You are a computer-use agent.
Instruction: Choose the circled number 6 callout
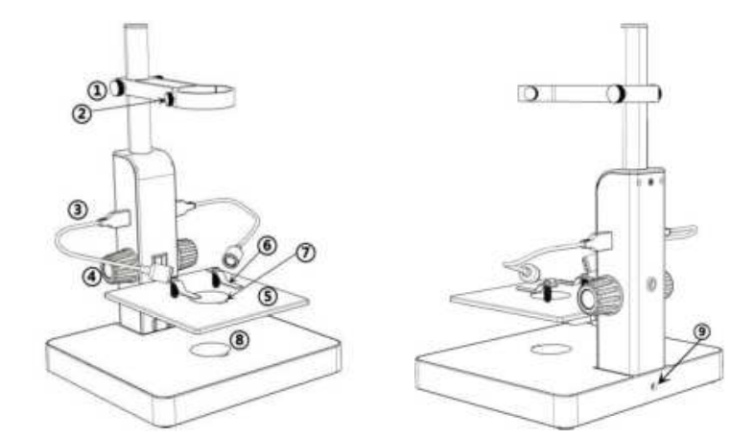coord(268,247)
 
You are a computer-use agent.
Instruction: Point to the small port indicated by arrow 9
coord(654,384)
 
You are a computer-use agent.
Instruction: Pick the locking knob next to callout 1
coord(116,88)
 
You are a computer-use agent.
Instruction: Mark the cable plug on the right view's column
coord(594,240)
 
